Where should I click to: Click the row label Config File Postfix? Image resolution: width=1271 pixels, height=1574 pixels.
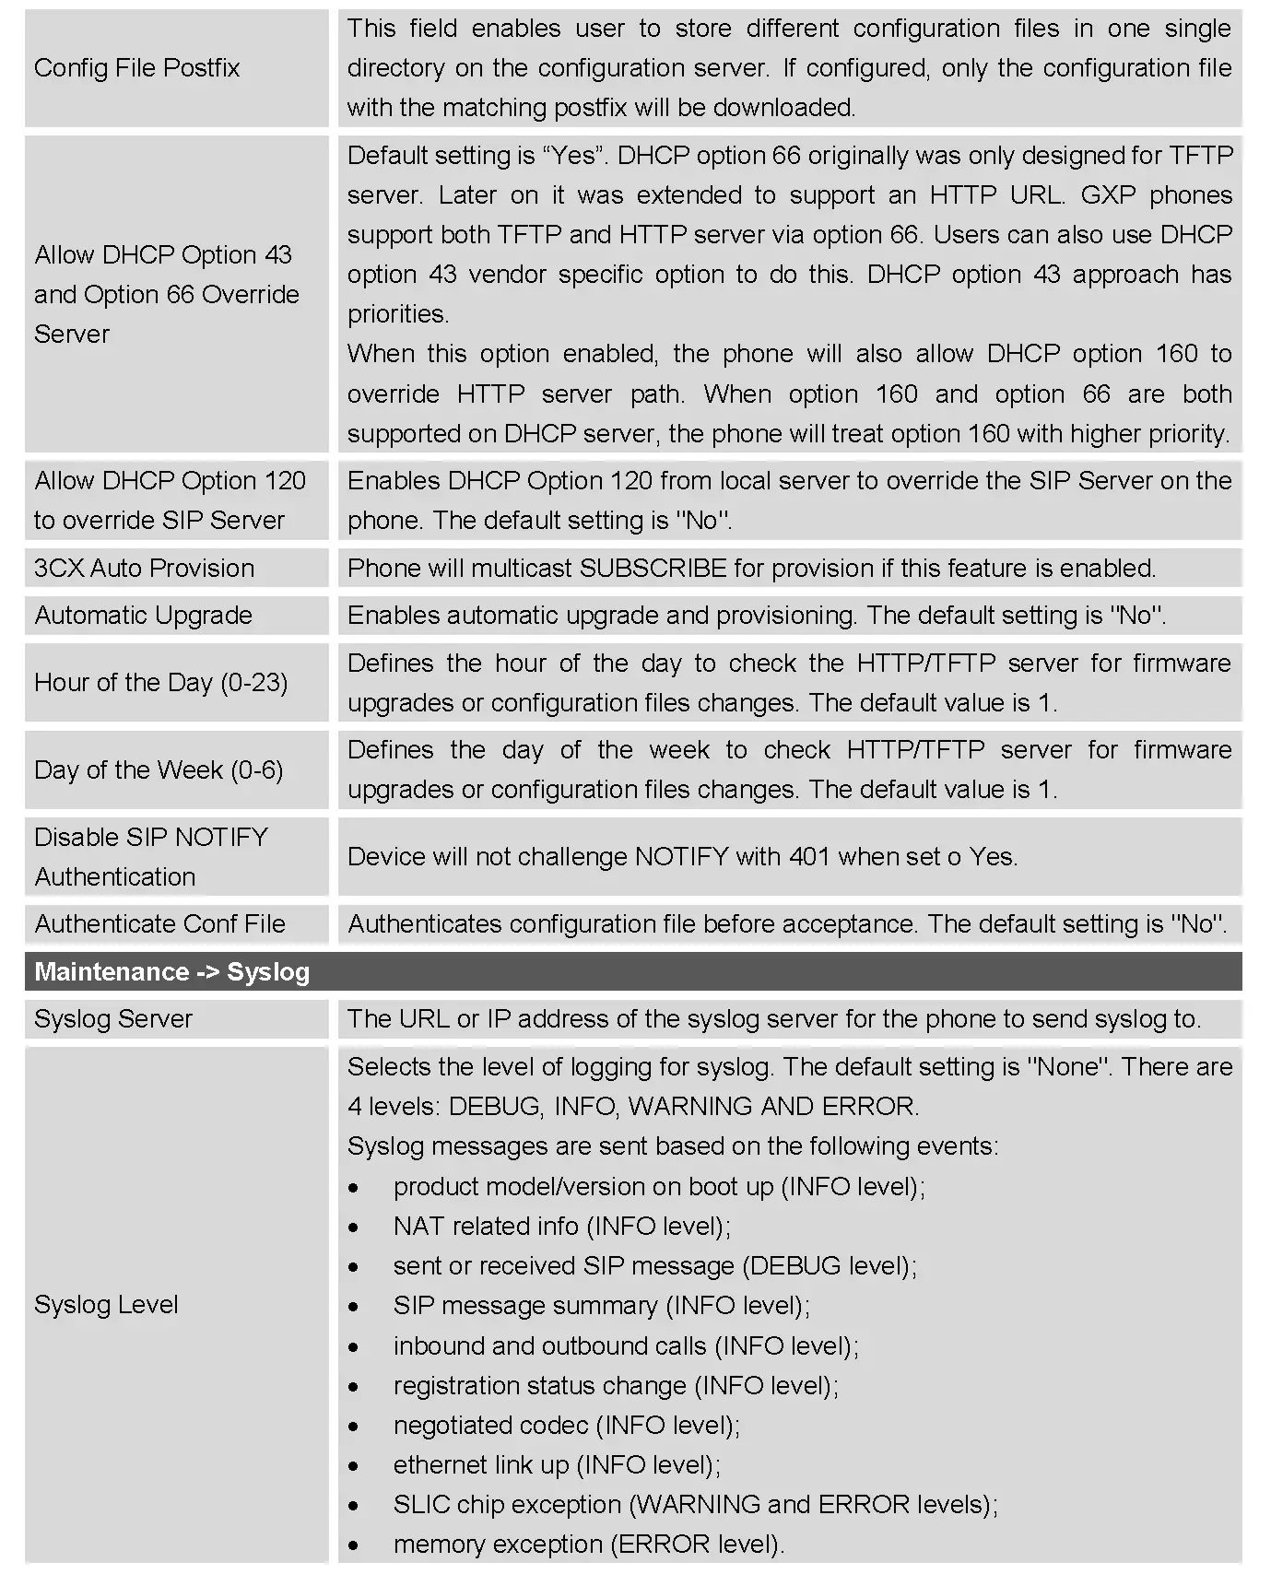pyautogui.click(x=136, y=68)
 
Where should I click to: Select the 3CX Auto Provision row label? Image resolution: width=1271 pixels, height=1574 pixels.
pyautogui.click(x=144, y=569)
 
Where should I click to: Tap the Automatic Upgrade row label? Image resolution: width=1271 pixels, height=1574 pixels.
pyautogui.click(x=143, y=616)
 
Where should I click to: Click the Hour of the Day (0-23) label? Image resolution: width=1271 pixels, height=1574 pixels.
pyautogui.click(x=160, y=683)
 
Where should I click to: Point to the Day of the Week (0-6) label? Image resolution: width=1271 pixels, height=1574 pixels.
pyautogui.click(x=159, y=770)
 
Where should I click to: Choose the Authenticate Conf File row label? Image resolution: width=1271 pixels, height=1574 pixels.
pyautogui.click(x=159, y=924)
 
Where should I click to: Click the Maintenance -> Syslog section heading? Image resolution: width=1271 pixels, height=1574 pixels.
pyautogui.click(x=171, y=972)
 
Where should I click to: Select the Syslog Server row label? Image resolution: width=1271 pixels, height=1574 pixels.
pyautogui.click(x=112, y=1019)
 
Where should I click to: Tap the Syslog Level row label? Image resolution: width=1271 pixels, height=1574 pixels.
pyautogui.click(x=106, y=1305)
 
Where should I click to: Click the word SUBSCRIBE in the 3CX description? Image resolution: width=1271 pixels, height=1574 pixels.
pyautogui.click(x=653, y=569)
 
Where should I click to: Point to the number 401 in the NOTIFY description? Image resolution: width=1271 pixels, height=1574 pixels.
pyautogui.click(x=809, y=857)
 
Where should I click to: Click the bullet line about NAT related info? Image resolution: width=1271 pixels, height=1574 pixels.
pyautogui.click(x=561, y=1227)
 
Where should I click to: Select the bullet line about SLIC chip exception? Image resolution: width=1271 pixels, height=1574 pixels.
pyautogui.click(x=695, y=1505)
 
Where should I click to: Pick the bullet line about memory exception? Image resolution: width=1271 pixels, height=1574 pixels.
pyautogui.click(x=588, y=1545)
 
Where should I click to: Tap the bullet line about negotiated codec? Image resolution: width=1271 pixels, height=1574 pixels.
pyautogui.click(x=566, y=1426)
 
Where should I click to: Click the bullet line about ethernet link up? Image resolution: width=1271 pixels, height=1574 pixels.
pyautogui.click(x=557, y=1465)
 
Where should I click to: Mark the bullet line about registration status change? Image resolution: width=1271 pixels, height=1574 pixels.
pyautogui.click(x=616, y=1386)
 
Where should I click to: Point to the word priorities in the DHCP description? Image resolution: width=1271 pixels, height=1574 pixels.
pyautogui.click(x=398, y=314)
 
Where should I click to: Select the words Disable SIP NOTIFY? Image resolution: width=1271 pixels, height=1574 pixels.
pyautogui.click(x=150, y=838)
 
